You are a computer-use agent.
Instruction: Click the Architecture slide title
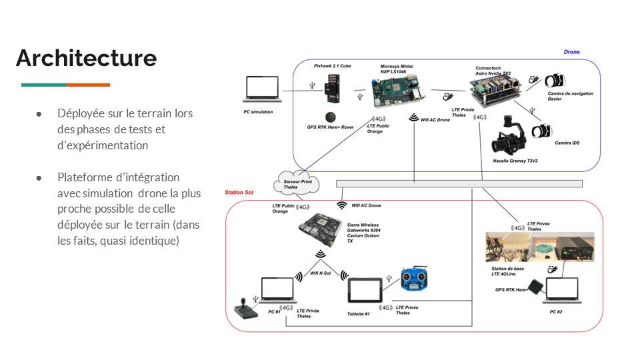tap(87, 58)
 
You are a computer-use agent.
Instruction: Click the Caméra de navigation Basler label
tap(570, 96)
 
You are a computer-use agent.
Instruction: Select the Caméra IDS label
tap(564, 143)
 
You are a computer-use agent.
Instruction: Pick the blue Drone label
tap(571, 51)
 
